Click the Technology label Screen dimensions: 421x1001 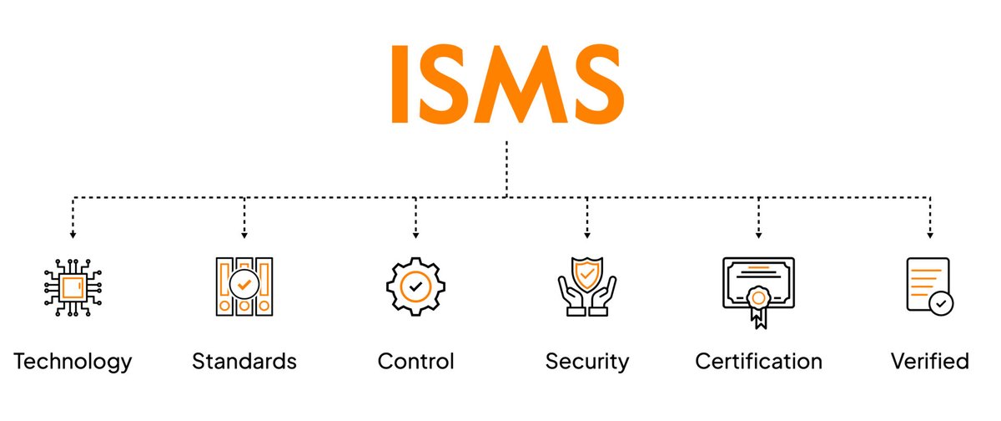(x=73, y=362)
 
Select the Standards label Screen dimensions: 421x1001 (x=244, y=362)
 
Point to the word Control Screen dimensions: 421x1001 (x=415, y=362)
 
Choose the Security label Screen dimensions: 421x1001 (x=586, y=362)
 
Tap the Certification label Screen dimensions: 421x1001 (x=758, y=362)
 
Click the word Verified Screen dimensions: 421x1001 (x=929, y=362)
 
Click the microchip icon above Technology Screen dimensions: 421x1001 (x=73, y=286)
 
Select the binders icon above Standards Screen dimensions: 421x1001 (x=244, y=286)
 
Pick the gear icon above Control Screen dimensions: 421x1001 (x=415, y=286)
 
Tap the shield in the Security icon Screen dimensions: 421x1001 (x=587, y=273)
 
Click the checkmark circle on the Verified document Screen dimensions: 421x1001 (x=942, y=303)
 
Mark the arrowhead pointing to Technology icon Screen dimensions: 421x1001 (x=73, y=236)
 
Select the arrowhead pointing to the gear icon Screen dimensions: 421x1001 (x=415, y=236)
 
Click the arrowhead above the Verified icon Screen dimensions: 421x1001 (x=930, y=236)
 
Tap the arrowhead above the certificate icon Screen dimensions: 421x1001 (x=758, y=236)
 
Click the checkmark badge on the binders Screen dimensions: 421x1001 (x=244, y=284)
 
